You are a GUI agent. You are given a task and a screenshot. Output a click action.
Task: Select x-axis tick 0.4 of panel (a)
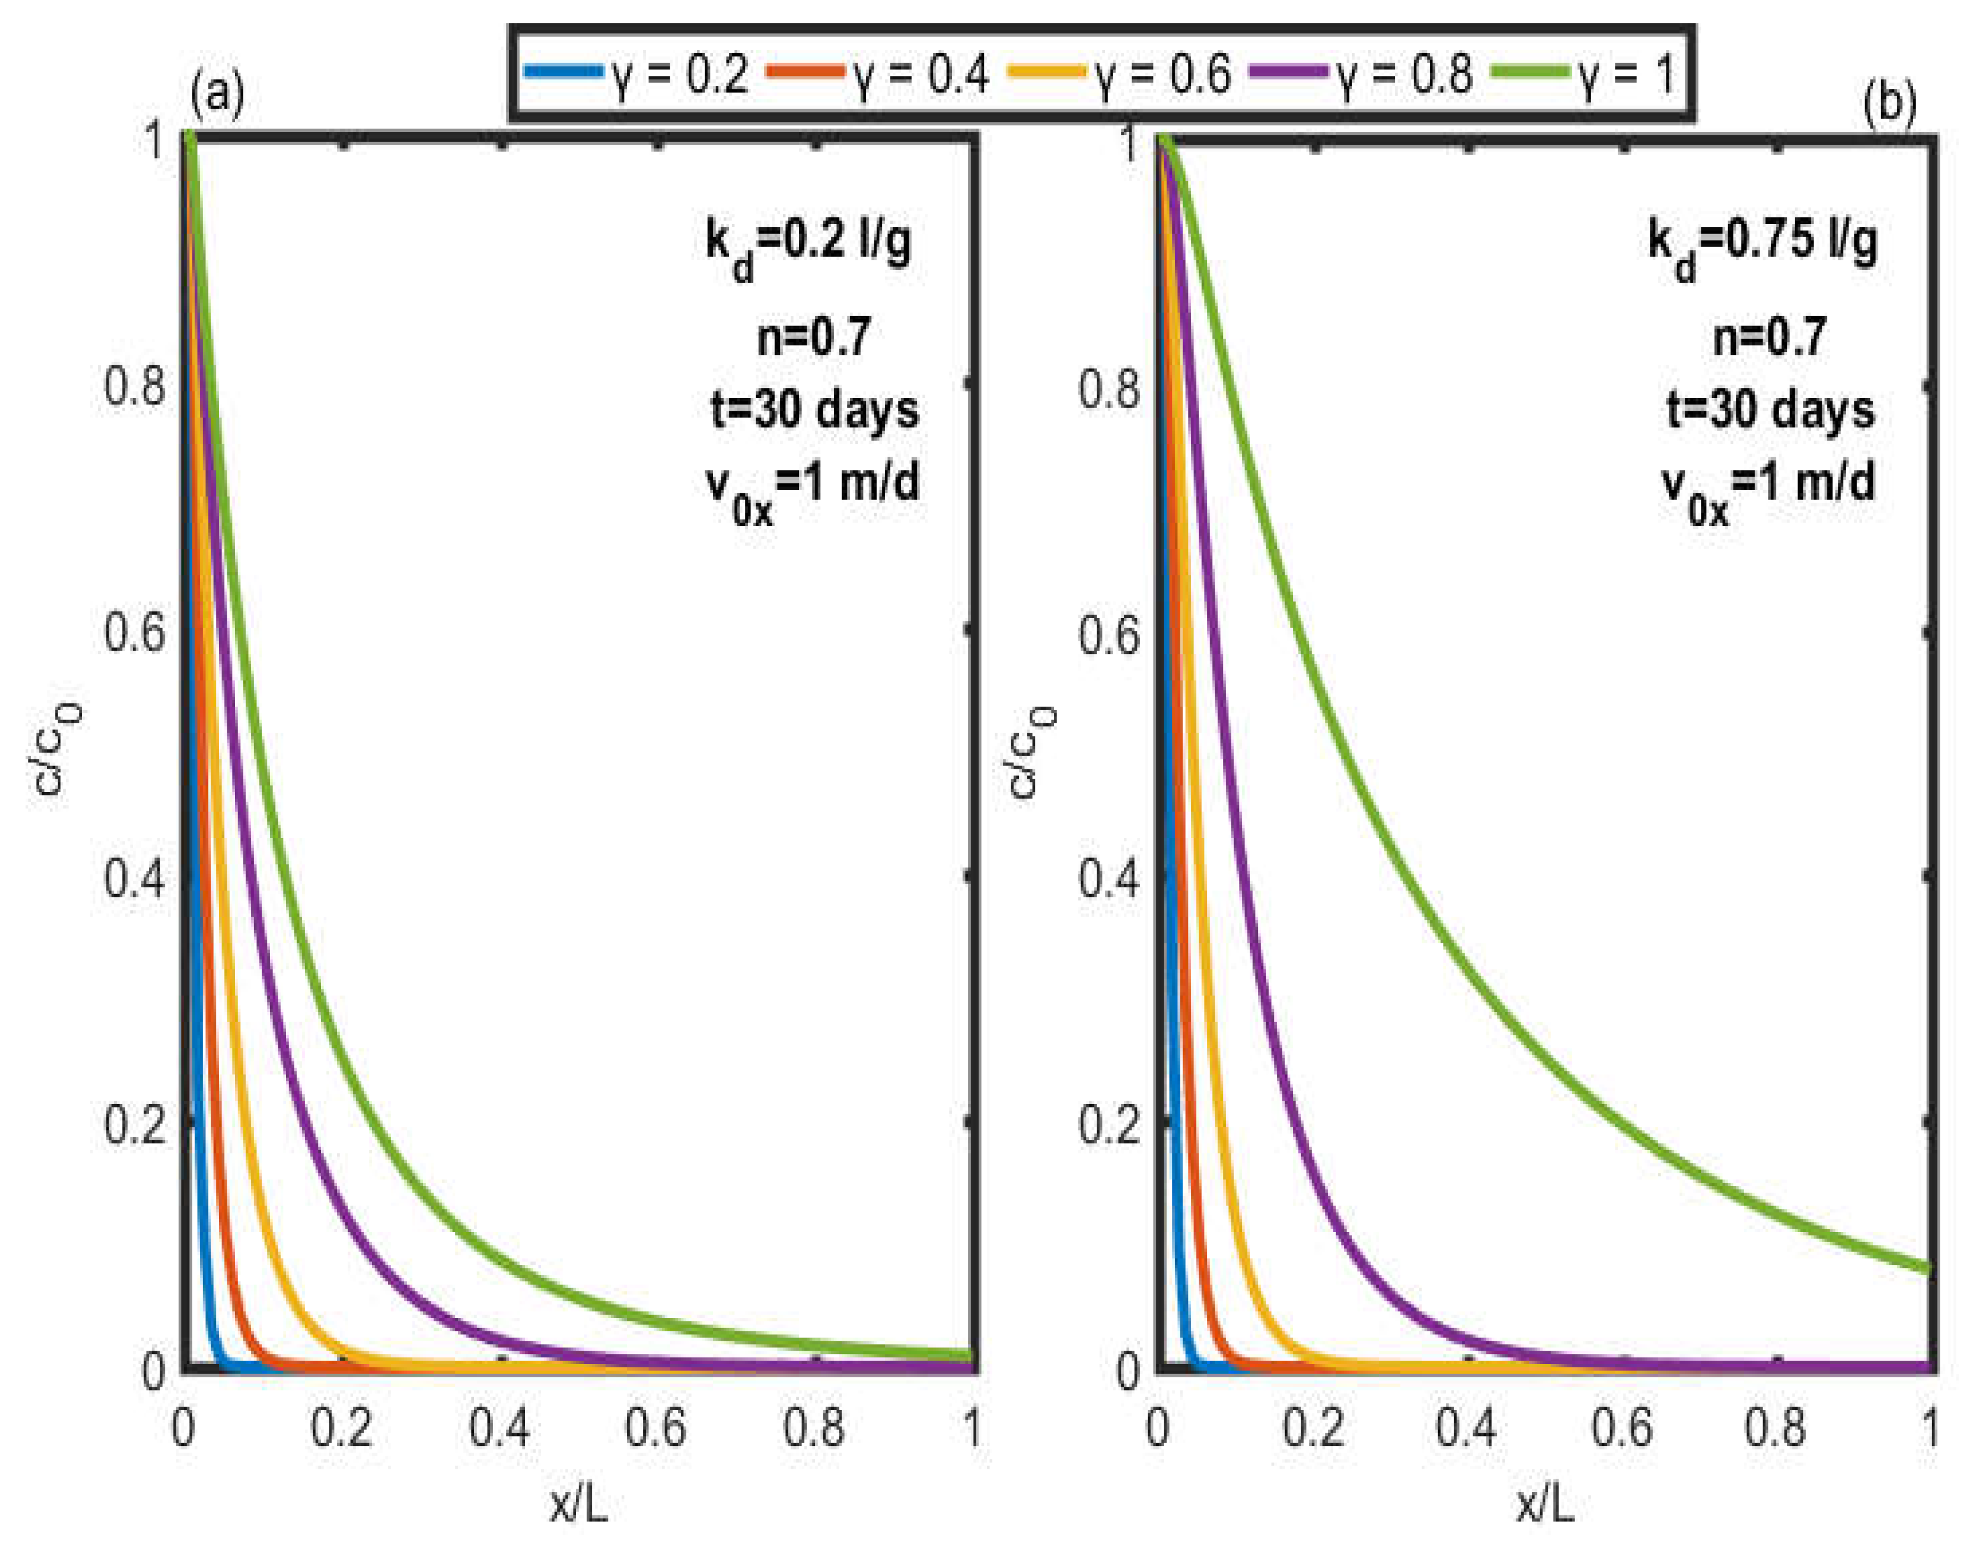[x=500, y=1428]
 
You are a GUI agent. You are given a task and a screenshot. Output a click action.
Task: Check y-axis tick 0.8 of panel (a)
[x=135, y=386]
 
